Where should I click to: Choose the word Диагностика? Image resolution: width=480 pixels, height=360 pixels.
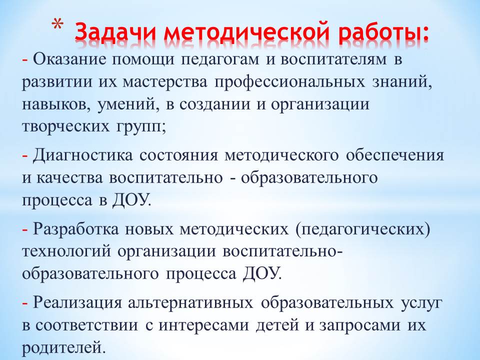tap(83, 155)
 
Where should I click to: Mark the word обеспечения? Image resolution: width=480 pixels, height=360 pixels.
tap(395, 155)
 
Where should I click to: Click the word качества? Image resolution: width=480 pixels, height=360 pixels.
tap(69, 178)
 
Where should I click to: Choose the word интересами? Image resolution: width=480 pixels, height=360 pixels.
tap(203, 325)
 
